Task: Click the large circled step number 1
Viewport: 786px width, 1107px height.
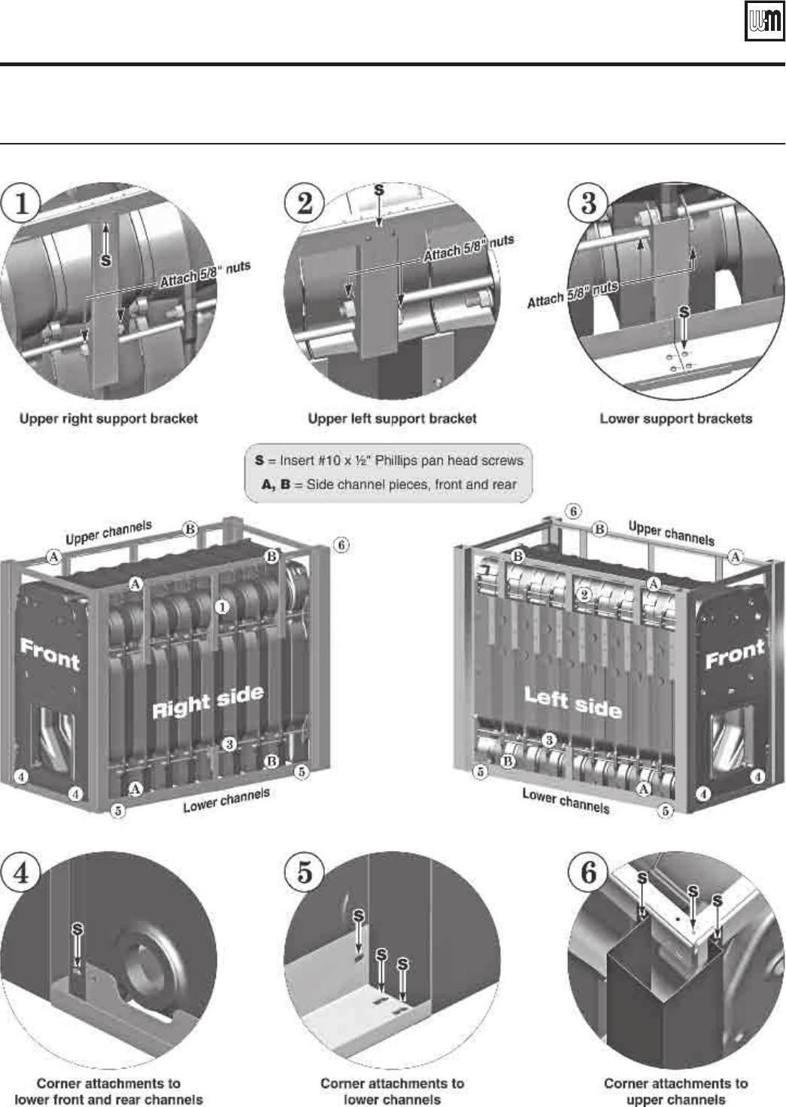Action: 22,204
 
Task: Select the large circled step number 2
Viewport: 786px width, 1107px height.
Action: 305,203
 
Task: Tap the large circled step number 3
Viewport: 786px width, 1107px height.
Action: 589,203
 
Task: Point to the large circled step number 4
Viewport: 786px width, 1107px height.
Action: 22,873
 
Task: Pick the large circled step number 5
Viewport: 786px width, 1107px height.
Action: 305,873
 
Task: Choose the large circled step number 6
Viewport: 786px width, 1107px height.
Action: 589,873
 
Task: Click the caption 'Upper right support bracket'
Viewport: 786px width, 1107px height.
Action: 108,418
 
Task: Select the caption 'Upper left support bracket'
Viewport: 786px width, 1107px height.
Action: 392,418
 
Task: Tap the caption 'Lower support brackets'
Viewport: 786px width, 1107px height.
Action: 675,418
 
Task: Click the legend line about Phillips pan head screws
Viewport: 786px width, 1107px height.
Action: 389,460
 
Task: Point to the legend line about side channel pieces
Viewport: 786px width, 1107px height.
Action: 389,485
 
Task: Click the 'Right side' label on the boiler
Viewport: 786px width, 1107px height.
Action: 208,701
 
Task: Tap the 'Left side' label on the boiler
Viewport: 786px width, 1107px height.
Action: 572,701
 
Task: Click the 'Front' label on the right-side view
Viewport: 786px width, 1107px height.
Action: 50,655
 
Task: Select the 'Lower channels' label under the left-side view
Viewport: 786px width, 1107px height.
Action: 566,800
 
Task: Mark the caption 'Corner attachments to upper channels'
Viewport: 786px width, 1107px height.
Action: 675,1091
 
